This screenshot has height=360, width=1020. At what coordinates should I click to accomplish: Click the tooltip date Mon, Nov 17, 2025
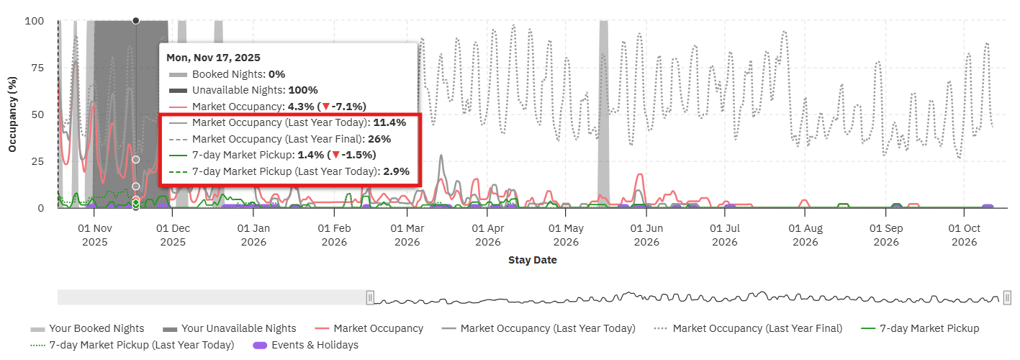pyautogui.click(x=213, y=58)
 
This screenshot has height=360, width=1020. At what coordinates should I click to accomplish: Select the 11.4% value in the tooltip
pyautogui.click(x=389, y=122)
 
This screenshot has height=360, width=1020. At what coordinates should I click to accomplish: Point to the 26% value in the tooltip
pyautogui.click(x=379, y=139)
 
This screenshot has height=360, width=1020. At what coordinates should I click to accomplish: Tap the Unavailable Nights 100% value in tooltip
pyautogui.click(x=303, y=90)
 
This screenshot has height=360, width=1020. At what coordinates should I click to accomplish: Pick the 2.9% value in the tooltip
pyautogui.click(x=396, y=171)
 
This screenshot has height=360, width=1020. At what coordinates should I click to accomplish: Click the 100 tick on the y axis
pyautogui.click(x=35, y=22)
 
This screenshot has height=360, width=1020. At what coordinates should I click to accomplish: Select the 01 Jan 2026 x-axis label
pyautogui.click(x=253, y=235)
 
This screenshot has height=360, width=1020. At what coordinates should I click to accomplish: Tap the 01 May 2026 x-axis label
pyautogui.click(x=565, y=235)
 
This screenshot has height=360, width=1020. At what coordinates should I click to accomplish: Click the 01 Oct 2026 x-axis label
pyautogui.click(x=964, y=235)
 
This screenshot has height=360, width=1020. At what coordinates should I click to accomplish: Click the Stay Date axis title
pyautogui.click(x=532, y=260)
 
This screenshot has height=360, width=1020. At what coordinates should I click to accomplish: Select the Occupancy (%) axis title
pyautogui.click(x=12, y=115)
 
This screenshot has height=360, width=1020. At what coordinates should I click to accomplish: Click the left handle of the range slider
pyautogui.click(x=370, y=297)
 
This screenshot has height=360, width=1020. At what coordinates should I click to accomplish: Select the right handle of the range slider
pyautogui.click(x=1007, y=297)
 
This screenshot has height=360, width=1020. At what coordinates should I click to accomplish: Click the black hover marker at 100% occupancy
pyautogui.click(x=136, y=21)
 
